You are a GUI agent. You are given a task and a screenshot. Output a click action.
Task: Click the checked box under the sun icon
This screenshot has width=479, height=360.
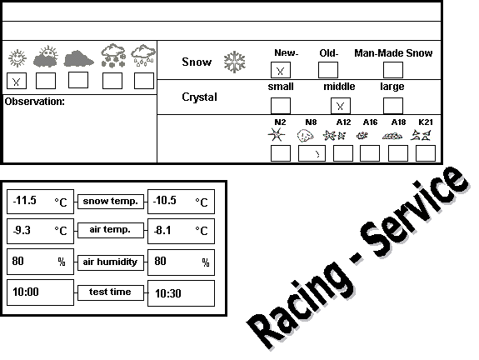click(17, 81)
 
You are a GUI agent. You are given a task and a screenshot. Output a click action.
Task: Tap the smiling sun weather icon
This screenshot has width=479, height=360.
click(17, 58)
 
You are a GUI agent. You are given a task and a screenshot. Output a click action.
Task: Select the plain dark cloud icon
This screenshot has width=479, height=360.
click(78, 58)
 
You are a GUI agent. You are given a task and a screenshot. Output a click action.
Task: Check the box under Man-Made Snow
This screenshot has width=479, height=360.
click(393, 70)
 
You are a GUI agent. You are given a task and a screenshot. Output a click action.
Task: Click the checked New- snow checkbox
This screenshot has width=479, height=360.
click(281, 70)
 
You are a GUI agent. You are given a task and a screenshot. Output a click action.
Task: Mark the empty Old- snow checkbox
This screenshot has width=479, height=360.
click(328, 70)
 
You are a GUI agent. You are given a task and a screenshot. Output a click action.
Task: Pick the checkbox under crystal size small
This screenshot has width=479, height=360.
click(281, 106)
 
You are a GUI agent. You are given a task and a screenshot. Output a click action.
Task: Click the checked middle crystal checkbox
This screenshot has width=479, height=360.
click(341, 106)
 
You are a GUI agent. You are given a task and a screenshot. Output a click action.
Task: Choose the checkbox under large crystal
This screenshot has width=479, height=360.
click(393, 106)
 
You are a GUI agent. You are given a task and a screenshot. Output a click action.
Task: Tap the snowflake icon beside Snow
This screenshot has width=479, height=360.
click(234, 62)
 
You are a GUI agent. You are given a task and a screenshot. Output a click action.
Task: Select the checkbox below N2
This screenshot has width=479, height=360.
click(281, 153)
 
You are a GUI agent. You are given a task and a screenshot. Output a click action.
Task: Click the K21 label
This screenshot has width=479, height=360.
click(426, 122)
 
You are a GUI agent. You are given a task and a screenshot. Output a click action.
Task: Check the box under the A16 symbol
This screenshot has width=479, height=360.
click(370, 153)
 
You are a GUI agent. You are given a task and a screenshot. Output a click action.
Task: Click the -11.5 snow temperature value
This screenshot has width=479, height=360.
click(24, 201)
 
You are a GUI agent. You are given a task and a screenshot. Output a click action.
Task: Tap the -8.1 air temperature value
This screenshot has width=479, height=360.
click(162, 230)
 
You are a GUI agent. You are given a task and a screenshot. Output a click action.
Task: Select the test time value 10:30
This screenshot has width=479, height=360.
click(168, 293)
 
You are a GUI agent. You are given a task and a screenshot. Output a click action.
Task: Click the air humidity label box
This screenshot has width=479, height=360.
click(111, 262)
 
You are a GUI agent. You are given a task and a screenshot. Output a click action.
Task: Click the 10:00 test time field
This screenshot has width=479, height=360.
click(40, 292)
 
